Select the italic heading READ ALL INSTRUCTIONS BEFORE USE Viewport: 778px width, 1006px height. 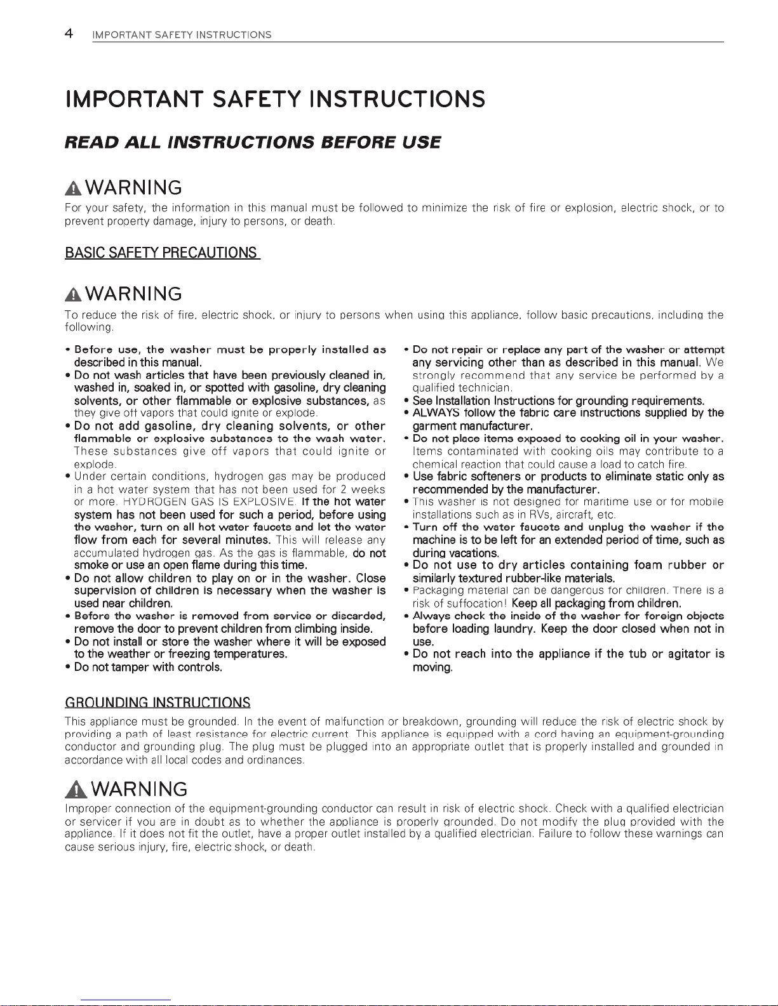[x=252, y=142]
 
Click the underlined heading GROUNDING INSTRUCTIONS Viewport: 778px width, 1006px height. [x=158, y=703]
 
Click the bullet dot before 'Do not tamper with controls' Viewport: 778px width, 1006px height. [x=69, y=667]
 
